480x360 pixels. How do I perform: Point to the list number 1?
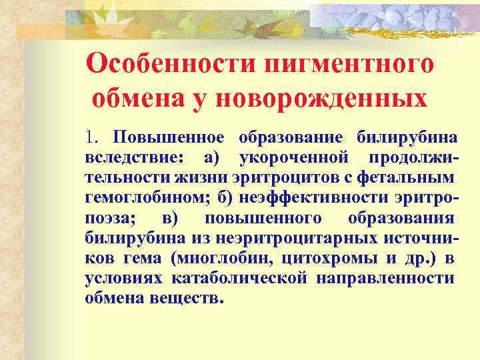(91, 137)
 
